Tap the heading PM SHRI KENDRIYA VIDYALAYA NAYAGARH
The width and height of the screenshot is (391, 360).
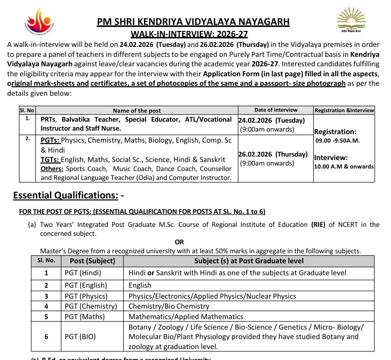(x=193, y=22)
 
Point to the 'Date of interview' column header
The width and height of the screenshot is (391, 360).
(x=275, y=110)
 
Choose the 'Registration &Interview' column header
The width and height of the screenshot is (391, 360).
(x=344, y=110)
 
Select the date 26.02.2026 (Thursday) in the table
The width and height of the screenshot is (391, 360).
(x=273, y=154)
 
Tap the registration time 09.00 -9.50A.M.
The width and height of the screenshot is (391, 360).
(x=338, y=141)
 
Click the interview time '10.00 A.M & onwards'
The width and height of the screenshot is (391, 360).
(x=344, y=167)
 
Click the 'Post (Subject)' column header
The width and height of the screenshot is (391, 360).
(x=92, y=261)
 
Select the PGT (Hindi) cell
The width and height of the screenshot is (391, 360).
(x=83, y=273)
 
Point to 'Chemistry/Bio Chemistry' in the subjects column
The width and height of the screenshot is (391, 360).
(x=169, y=306)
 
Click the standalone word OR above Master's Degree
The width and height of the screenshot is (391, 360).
(x=179, y=242)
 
